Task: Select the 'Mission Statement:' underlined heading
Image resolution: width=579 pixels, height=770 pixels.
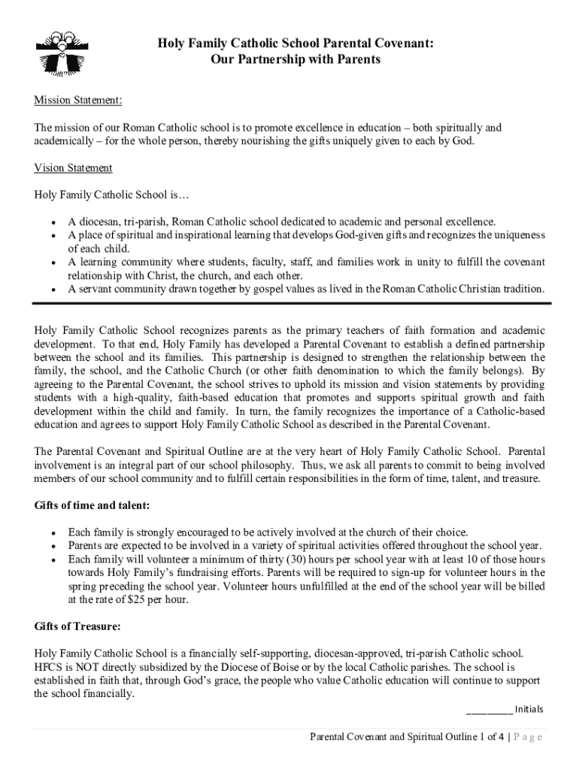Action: [78, 100]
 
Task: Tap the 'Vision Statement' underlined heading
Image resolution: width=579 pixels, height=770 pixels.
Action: [74, 168]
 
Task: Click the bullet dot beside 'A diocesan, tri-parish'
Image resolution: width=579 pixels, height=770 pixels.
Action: [52, 223]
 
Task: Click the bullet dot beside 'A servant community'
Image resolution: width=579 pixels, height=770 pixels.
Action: [52, 289]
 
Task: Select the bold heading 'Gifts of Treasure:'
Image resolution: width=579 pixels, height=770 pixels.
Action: [77, 626]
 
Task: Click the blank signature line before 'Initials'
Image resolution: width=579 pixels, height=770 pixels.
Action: [489, 710]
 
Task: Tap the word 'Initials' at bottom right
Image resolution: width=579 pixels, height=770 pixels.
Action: [529, 709]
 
